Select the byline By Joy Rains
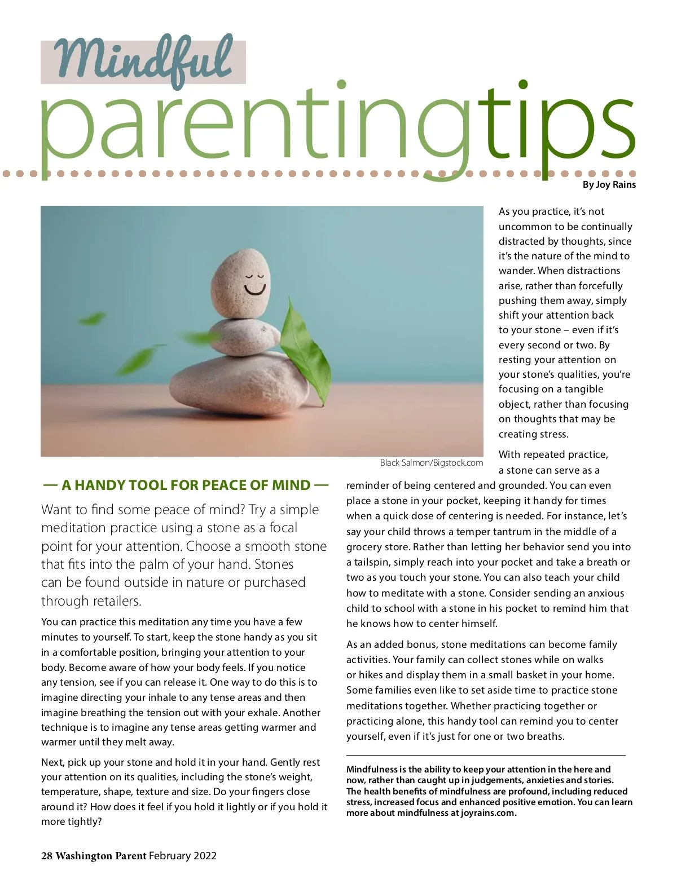click(609, 185)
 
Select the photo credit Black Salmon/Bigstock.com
click(431, 463)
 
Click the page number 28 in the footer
click(47, 856)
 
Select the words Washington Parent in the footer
click(101, 856)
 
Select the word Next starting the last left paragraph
click(52, 762)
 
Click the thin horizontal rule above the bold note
click(486, 755)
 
